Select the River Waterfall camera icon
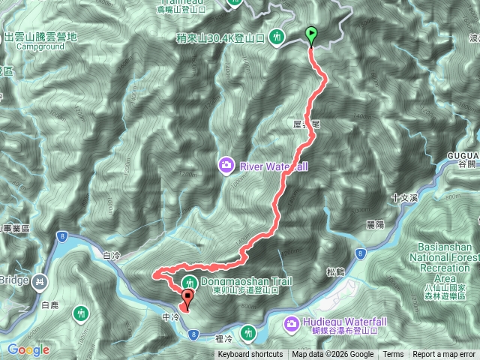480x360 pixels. (x=225, y=164)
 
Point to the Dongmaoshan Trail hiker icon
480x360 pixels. (x=190, y=283)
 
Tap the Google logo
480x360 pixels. (x=28, y=349)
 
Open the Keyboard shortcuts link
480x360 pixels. (x=250, y=355)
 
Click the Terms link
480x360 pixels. (x=393, y=355)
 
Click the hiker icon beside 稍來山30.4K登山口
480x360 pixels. (x=277, y=35)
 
